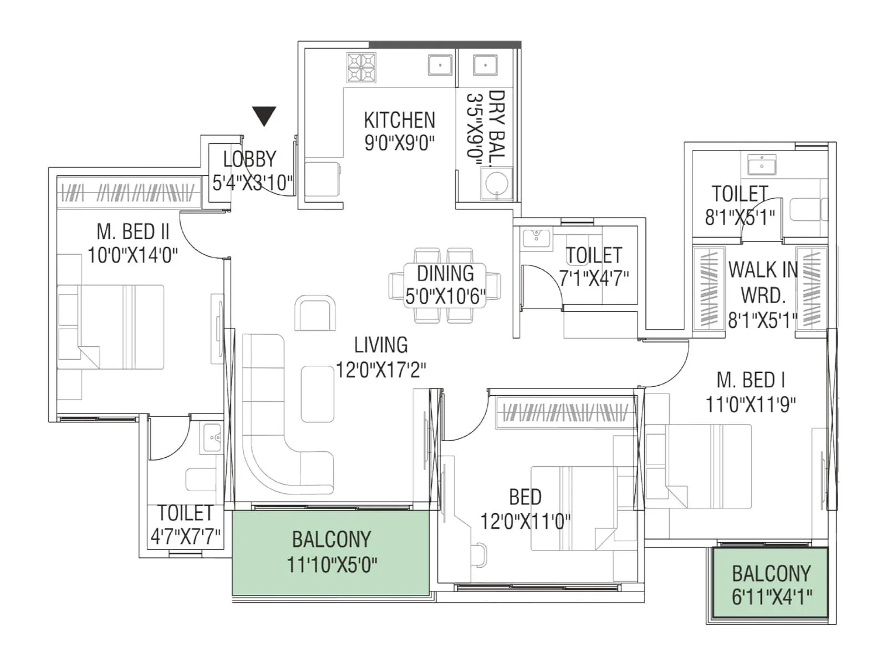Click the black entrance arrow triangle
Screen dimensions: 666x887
tap(264, 115)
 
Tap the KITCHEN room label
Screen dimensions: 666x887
tap(399, 120)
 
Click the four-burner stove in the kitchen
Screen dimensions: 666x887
tap(361, 68)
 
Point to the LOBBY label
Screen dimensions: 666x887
tap(249, 159)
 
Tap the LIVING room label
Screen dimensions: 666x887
tap(381, 345)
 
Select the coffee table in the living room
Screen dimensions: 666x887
tap(318, 394)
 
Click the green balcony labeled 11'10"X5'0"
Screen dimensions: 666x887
tap(330, 552)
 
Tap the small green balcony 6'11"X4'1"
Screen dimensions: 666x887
tap(771, 584)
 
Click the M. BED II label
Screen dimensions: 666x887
tap(133, 231)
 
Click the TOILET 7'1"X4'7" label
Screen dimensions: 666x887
tap(594, 255)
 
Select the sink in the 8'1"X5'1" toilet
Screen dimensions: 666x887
tap(762, 165)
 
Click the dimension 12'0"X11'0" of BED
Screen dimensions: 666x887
tap(525, 522)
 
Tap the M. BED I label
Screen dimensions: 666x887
tap(751, 380)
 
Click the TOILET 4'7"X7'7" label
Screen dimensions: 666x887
tap(185, 513)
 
